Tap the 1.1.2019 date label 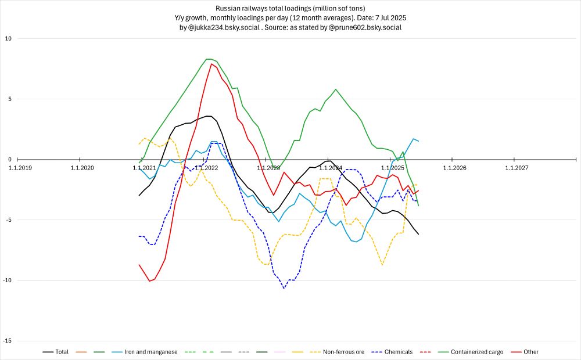20,168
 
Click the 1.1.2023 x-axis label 267,168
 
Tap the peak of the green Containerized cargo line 209,59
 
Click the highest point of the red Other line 211,64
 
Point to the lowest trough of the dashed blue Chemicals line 284,288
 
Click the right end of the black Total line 418,234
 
